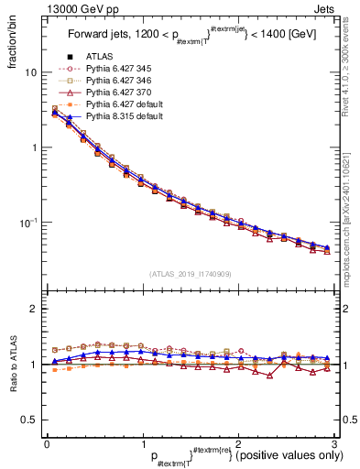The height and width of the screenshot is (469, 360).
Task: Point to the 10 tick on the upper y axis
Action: click(32, 71)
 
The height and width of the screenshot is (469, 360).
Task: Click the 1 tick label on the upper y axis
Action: click(34, 147)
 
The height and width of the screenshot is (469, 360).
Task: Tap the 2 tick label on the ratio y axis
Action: click(34, 309)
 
